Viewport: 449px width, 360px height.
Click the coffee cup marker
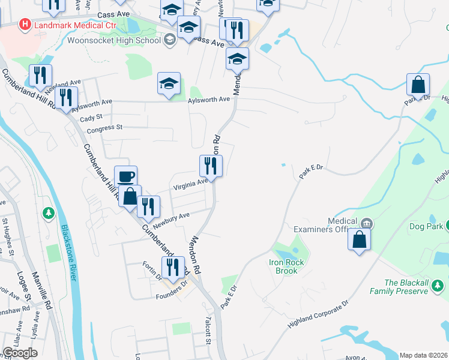125,176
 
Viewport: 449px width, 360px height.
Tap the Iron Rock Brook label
287,266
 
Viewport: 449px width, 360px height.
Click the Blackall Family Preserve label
406,287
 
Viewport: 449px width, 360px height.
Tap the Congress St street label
104,128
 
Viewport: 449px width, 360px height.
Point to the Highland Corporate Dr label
318,316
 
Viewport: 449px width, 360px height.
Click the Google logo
20,353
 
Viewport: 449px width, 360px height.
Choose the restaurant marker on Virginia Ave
211,166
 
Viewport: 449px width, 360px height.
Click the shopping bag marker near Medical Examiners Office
359,239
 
